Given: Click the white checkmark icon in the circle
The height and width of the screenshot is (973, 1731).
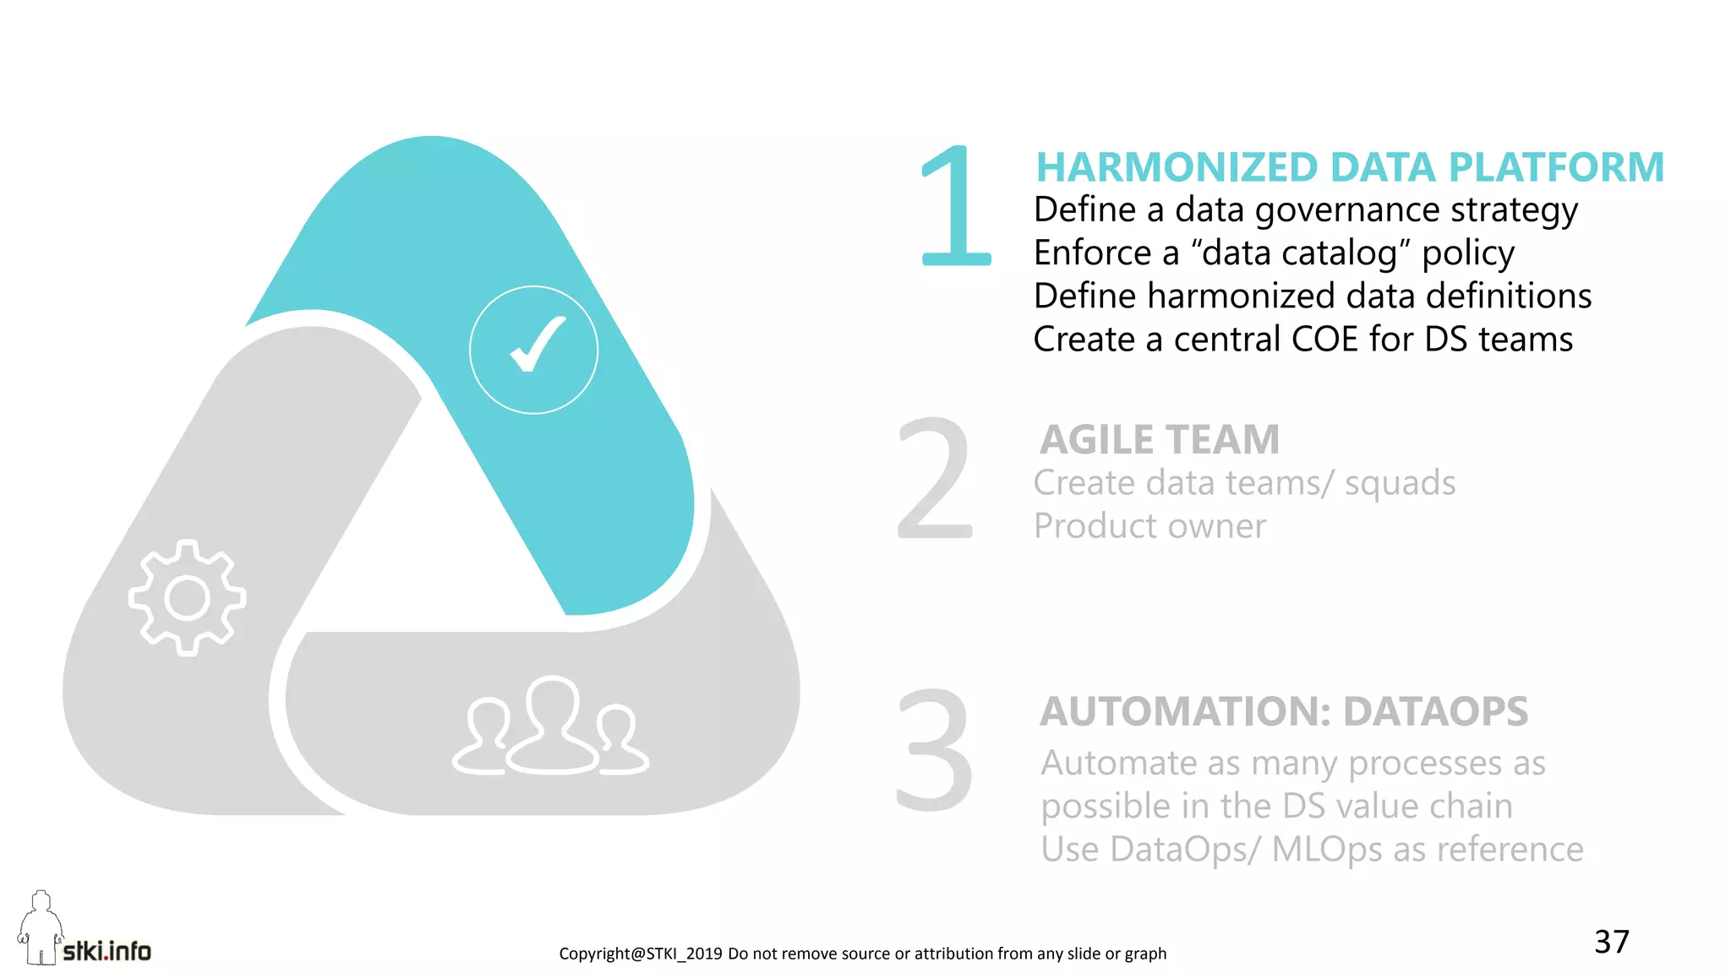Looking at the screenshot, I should (536, 345).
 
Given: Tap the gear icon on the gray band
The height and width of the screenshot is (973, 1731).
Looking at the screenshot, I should (187, 598).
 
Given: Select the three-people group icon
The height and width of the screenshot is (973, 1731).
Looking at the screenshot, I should (551, 727).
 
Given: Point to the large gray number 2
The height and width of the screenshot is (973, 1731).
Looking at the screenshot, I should (936, 479).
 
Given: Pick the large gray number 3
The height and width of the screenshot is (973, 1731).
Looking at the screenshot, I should (935, 749).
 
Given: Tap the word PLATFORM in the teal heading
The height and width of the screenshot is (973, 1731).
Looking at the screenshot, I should (1556, 167).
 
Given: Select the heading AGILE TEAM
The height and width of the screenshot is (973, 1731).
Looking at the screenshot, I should (1160, 439).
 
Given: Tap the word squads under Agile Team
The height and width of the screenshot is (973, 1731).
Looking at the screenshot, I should (1400, 483).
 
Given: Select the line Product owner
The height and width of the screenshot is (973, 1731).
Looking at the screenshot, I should (1149, 526).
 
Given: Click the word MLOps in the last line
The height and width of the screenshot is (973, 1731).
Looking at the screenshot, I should (1327, 850).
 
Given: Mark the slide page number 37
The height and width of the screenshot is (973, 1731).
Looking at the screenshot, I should (1611, 942).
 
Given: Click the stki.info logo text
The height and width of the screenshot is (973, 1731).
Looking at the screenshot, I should (107, 951).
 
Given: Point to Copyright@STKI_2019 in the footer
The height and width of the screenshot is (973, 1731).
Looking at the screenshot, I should (640, 954).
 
